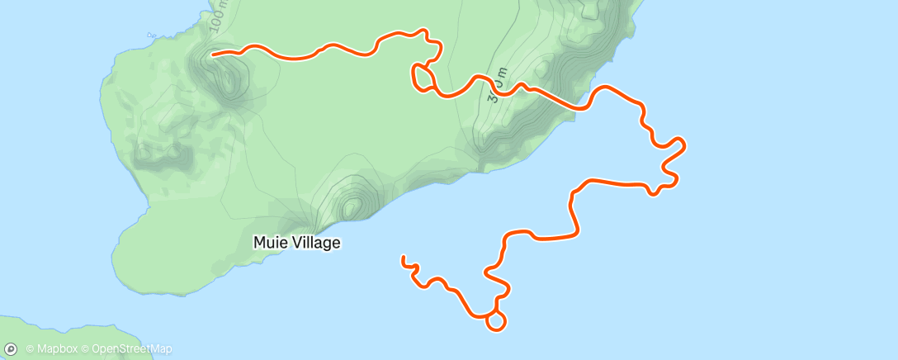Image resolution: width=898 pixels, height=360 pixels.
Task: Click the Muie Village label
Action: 296,243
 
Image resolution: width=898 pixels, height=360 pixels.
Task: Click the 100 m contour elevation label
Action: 218,17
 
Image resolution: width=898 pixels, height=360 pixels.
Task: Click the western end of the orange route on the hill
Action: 214,55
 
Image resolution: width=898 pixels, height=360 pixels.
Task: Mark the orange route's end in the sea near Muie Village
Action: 403,258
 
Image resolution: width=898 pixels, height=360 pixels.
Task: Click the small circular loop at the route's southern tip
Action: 496,321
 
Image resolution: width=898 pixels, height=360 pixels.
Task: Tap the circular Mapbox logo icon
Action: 11,349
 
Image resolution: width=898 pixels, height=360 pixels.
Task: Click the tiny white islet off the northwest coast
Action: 150,36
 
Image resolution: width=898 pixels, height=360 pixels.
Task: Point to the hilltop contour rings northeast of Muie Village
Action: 352,206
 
